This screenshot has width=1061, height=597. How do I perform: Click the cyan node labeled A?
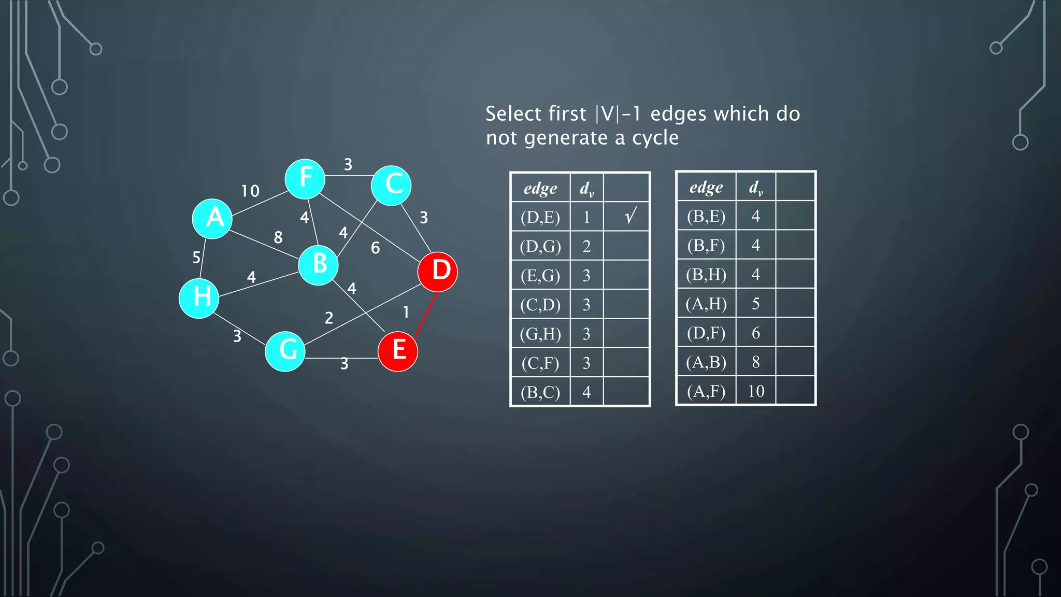click(x=212, y=219)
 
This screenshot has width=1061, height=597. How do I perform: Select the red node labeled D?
click(x=438, y=272)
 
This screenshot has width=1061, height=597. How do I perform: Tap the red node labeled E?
click(x=398, y=351)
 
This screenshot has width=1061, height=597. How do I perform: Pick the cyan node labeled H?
click(x=199, y=298)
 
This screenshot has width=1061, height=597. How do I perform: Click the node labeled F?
click(x=305, y=179)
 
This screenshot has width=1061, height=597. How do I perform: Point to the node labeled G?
click(x=285, y=351)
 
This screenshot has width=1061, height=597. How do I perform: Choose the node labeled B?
click(x=319, y=265)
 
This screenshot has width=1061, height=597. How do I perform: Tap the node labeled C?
click(x=391, y=186)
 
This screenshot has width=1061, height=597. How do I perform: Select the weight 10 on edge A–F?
click(x=250, y=191)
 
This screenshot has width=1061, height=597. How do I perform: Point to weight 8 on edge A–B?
click(x=278, y=237)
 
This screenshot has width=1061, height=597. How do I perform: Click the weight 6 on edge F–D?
click(x=376, y=248)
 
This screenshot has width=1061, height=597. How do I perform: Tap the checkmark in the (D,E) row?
click(x=629, y=216)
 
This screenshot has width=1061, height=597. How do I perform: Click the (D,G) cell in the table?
click(x=540, y=246)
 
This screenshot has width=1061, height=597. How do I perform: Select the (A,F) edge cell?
click(x=706, y=391)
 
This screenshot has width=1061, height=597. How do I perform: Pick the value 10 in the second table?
click(x=756, y=391)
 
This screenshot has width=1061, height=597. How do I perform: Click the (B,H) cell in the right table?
click(x=706, y=274)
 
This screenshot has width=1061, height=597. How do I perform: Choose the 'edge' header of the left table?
click(x=540, y=188)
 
